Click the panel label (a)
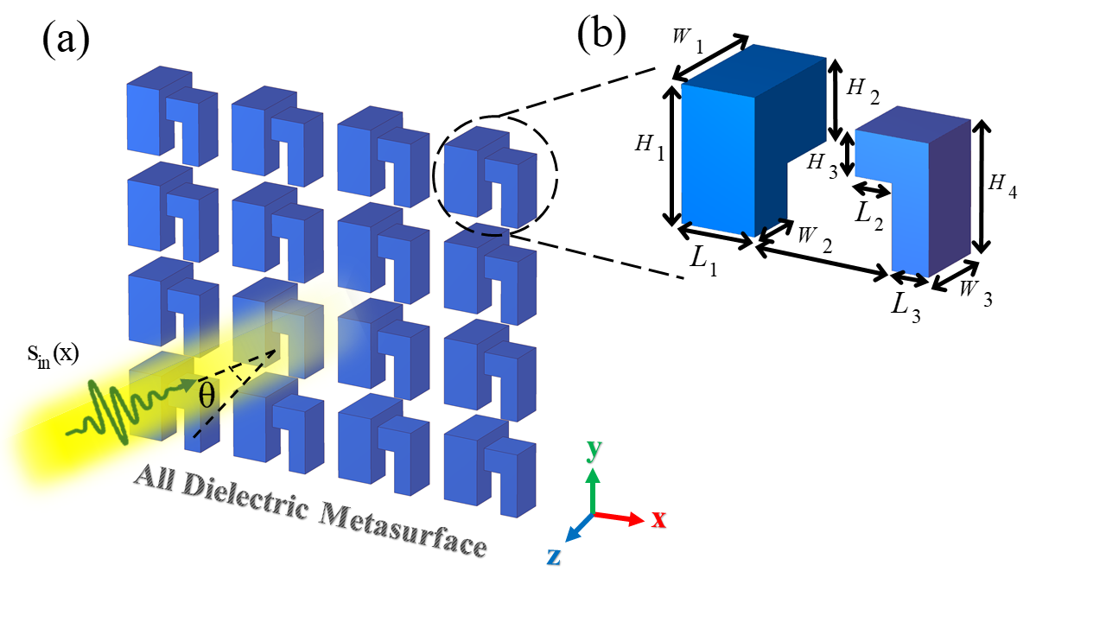tap(66, 38)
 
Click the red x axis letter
tap(658, 518)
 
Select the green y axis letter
tap(593, 449)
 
